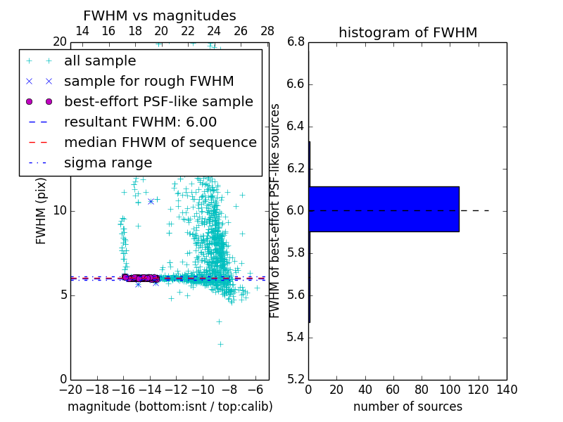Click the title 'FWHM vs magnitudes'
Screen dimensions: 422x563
pos(160,15)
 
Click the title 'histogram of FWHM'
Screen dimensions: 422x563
pos(407,32)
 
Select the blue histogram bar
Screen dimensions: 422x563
pos(384,209)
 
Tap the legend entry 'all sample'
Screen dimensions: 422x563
pos(100,61)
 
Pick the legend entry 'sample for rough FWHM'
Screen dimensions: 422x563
pos(148,81)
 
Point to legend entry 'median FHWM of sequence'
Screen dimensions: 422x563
pos(160,142)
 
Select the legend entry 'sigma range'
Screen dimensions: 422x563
pos(108,162)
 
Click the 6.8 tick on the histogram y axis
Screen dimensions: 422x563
pos(296,42)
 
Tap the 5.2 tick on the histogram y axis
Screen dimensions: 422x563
pos(296,379)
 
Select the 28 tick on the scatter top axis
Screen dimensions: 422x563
pos(267,31)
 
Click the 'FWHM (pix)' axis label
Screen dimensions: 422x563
pos(42,211)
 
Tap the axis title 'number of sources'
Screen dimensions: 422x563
pos(407,407)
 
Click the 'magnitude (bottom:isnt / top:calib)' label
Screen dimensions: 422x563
pos(170,407)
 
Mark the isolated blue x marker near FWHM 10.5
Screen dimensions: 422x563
pos(151,202)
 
